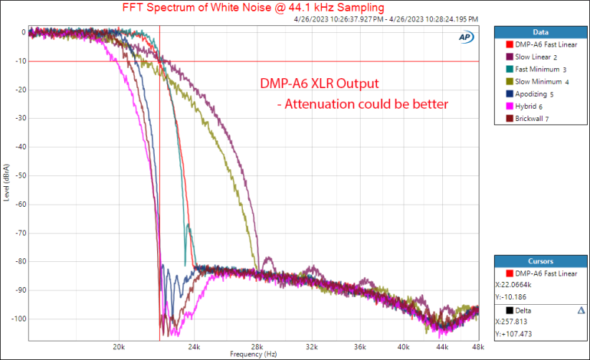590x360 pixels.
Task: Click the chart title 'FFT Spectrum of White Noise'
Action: (x=254, y=8)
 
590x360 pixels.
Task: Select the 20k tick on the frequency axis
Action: (x=119, y=346)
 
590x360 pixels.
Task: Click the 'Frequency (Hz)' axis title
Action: (x=254, y=355)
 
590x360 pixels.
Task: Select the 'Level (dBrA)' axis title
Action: (x=7, y=184)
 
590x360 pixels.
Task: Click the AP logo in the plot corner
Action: (x=465, y=37)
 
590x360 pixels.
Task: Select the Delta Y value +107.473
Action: (x=517, y=334)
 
